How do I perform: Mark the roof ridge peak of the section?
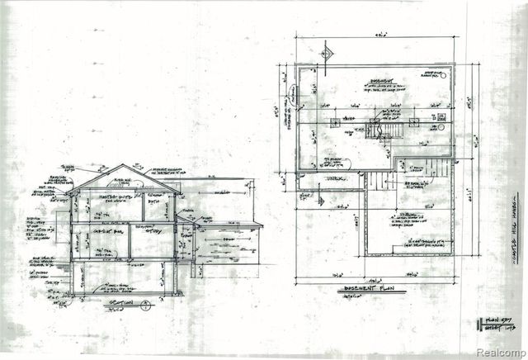[x=125, y=165]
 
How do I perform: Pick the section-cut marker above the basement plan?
[x=326, y=53]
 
